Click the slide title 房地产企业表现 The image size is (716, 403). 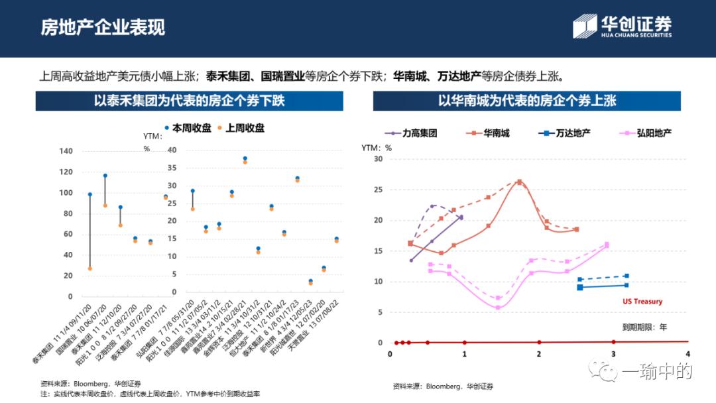point(103,27)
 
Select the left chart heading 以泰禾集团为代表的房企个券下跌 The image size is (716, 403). point(190,101)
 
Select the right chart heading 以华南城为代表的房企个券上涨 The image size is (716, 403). point(526,101)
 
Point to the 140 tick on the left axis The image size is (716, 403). point(66,151)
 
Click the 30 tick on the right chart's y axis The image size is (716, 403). point(378,159)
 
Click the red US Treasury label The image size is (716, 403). point(642,302)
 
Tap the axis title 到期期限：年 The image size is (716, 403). point(644,327)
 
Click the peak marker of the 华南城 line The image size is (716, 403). point(519,182)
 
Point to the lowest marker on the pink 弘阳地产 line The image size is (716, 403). point(498,308)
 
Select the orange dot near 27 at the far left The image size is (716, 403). point(89,268)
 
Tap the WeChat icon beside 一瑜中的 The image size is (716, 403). point(607,371)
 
